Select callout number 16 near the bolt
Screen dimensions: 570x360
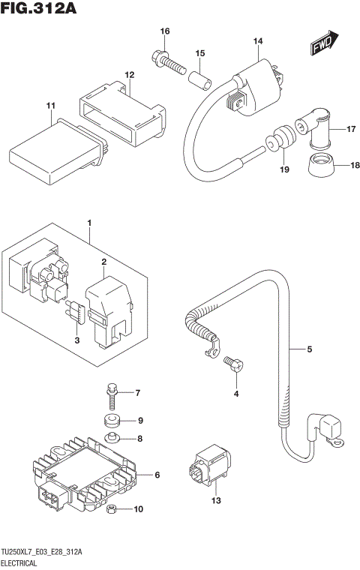(165, 31)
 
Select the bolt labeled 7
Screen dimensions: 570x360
(111, 390)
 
